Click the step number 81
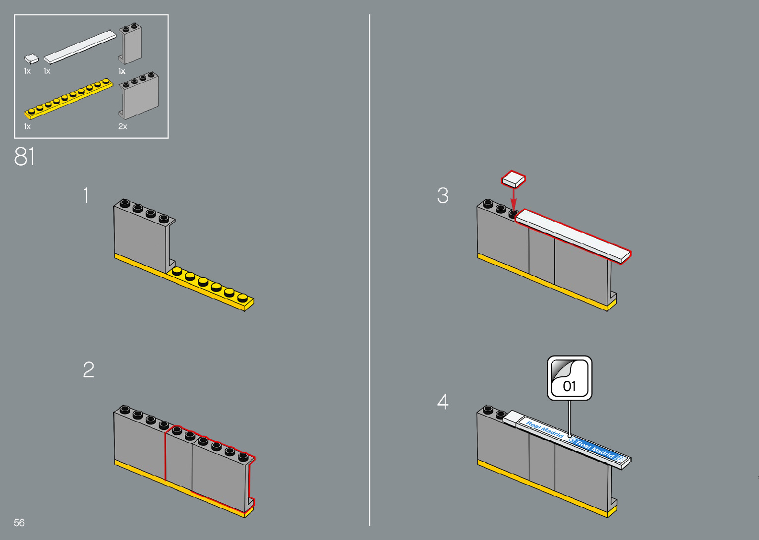25,157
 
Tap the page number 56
19,523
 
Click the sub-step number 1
86,195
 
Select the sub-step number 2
88,370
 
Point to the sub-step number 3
443,196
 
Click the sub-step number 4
443,402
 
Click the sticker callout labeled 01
570,378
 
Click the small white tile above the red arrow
514,179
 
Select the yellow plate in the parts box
68,99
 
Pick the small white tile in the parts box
31,59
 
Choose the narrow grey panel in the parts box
131,45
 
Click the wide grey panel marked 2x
139,96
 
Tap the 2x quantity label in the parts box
123,127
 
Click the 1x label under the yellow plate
27,127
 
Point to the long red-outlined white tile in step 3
573,235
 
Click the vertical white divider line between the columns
370,270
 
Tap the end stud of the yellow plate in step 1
242,298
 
